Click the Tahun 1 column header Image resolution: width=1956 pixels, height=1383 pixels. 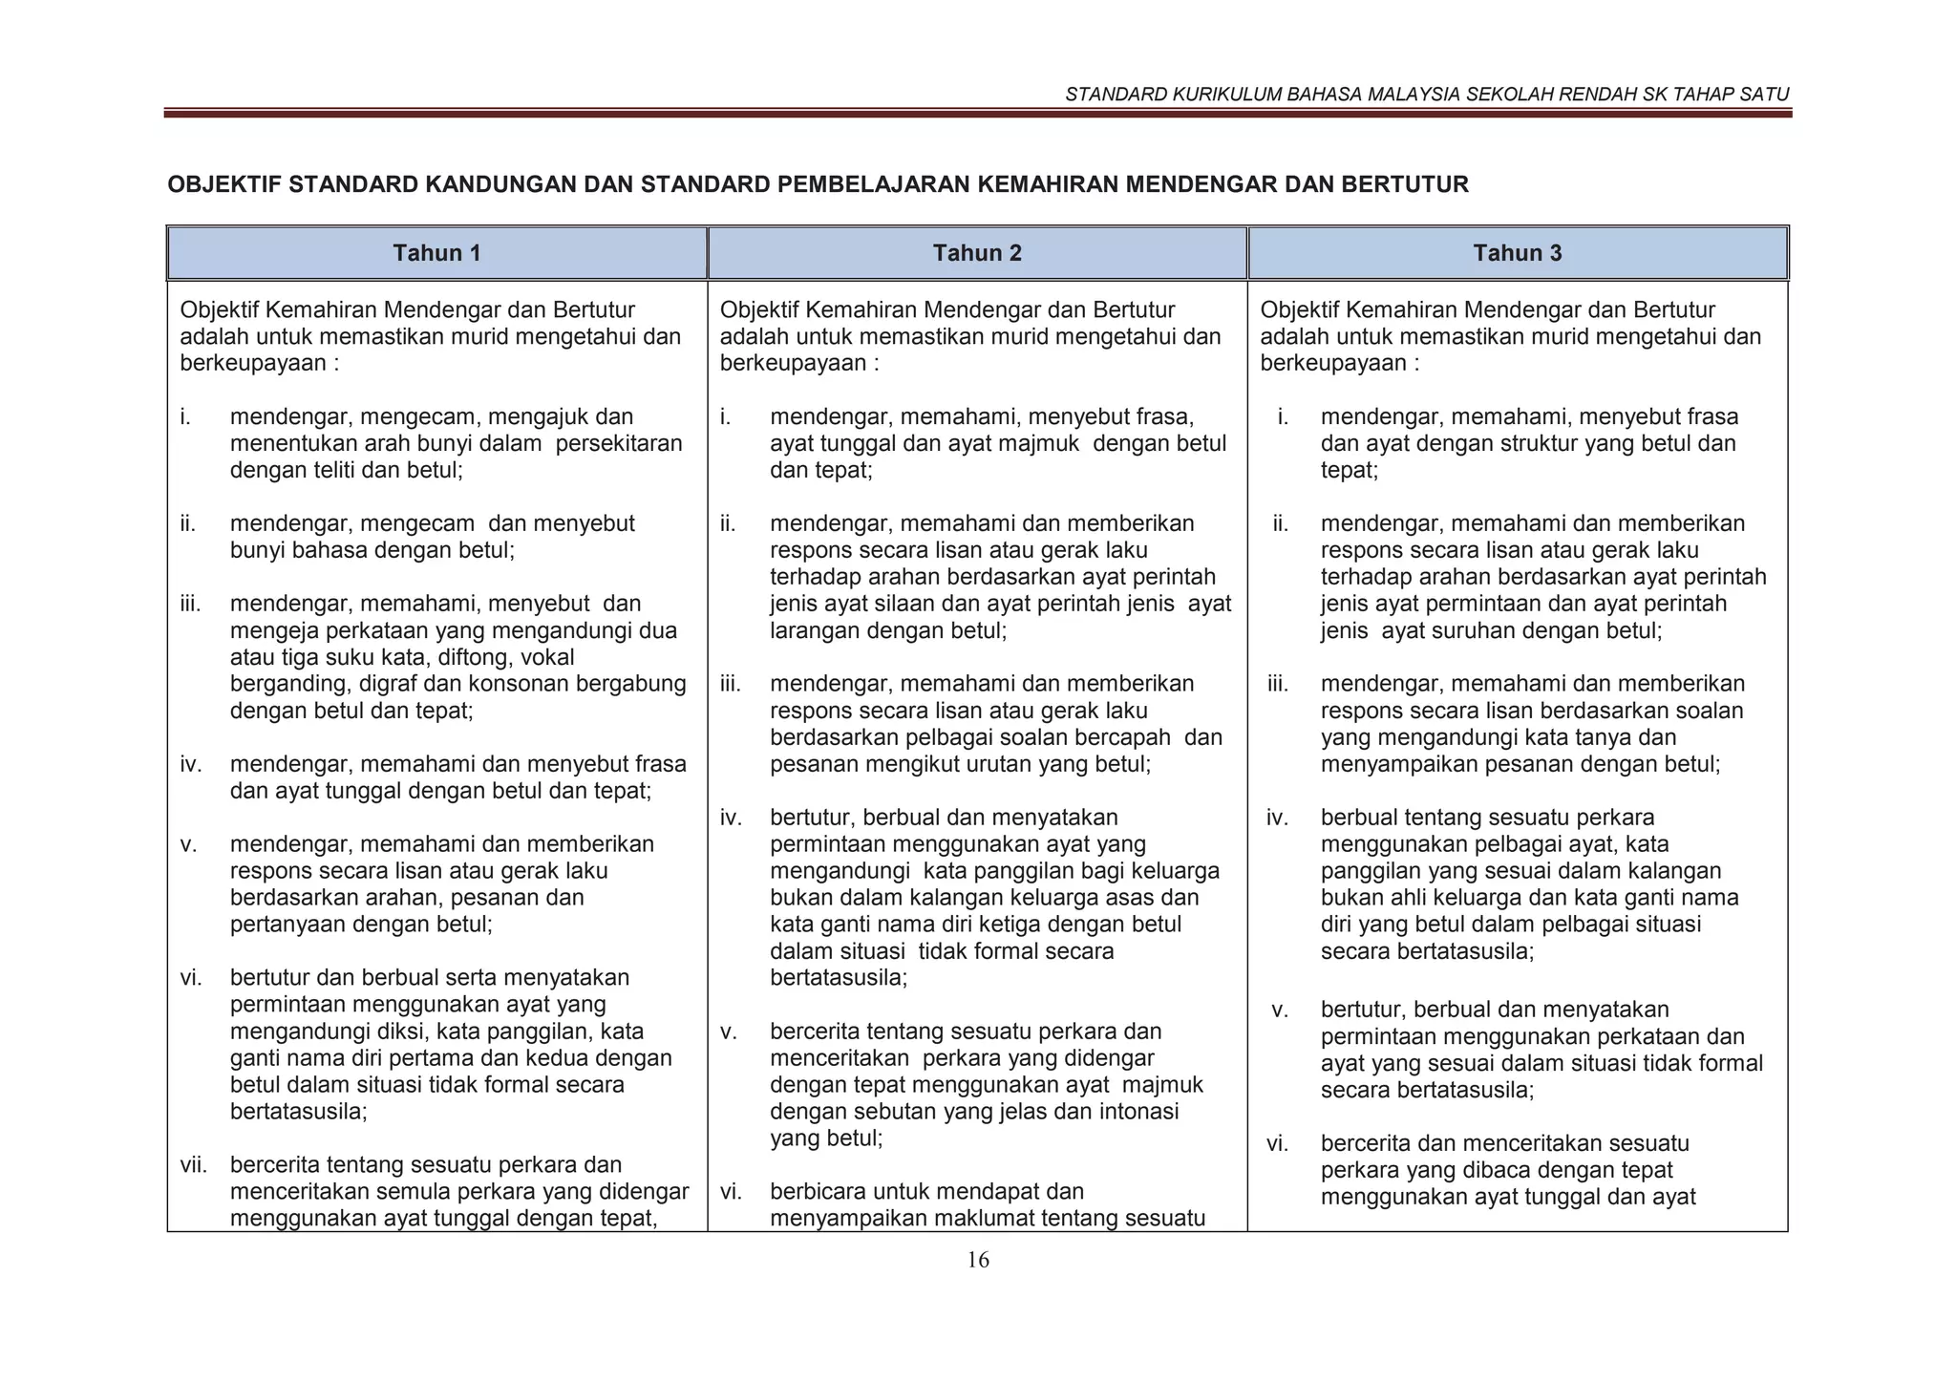pyautogui.click(x=436, y=253)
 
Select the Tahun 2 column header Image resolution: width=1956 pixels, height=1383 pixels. pyautogui.click(x=977, y=253)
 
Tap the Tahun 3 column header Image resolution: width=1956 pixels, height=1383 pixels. pyautogui.click(x=1517, y=253)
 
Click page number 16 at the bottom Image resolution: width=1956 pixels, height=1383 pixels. pyautogui.click(x=978, y=1260)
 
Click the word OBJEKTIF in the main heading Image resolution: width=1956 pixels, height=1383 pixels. pyautogui.click(x=223, y=184)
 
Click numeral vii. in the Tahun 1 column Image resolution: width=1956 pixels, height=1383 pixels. pyautogui.click(x=194, y=1165)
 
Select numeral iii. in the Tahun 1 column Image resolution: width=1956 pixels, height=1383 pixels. pyautogui.click(x=191, y=604)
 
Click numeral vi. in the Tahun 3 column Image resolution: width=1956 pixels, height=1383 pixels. pyautogui.click(x=1277, y=1143)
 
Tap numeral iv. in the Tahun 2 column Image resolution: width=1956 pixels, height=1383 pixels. pyautogui.click(x=731, y=818)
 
